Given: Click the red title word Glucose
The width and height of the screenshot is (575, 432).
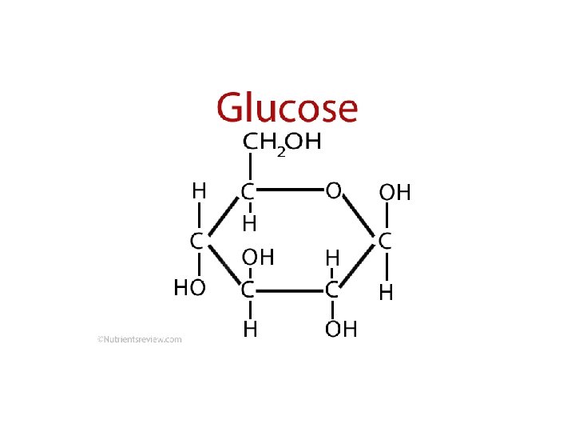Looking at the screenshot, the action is pyautogui.click(x=287, y=108).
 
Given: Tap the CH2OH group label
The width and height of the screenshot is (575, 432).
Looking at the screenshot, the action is pyautogui.click(x=282, y=143).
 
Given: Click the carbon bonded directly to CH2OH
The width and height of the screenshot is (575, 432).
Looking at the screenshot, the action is pyautogui.click(x=249, y=193).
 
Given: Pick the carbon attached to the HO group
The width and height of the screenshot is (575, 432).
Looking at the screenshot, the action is pyautogui.click(x=195, y=239).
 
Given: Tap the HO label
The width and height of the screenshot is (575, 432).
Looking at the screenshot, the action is pyautogui.click(x=190, y=287).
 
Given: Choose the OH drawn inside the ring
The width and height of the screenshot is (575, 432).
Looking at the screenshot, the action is pyautogui.click(x=259, y=258).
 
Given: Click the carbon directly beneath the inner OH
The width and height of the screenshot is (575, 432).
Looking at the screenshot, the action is pyautogui.click(x=249, y=288).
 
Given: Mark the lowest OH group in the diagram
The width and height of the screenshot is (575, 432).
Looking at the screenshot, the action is pyautogui.click(x=341, y=330).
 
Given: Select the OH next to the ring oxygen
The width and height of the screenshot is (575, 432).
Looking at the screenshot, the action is pyautogui.click(x=395, y=193).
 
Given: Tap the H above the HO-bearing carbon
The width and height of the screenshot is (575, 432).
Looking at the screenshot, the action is pyautogui.click(x=199, y=191).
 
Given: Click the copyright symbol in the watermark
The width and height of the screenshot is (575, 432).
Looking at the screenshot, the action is pyautogui.click(x=100, y=339).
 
